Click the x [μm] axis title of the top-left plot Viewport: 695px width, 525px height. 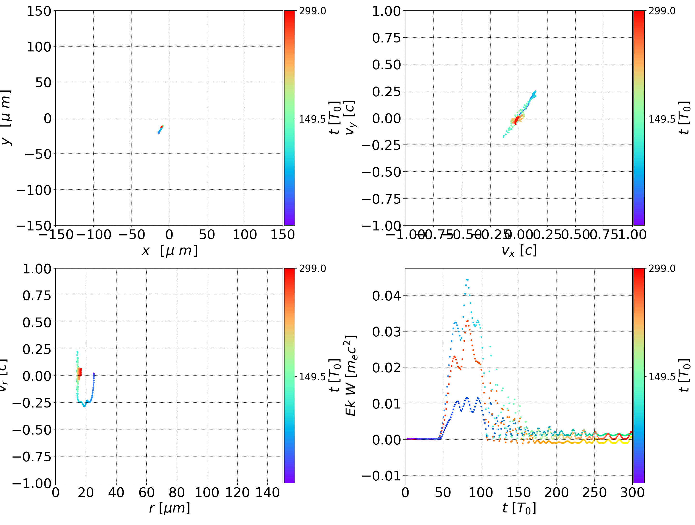[169, 250]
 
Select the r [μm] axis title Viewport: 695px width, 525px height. [169, 508]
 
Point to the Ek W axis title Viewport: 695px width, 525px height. [351, 375]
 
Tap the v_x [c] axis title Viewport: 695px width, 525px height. [519, 250]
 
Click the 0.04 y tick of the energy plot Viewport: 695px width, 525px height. [386, 296]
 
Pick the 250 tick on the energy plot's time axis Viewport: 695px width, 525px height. [594, 492]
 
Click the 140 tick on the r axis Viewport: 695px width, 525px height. [267, 492]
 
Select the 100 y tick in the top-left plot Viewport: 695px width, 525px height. [39, 47]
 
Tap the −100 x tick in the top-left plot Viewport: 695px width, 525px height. [93, 235]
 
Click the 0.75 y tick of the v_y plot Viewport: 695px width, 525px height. [386, 38]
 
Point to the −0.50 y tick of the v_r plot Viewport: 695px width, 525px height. [31, 430]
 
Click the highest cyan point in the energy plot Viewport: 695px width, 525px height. [467, 280]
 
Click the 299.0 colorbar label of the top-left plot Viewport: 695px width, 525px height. [312, 11]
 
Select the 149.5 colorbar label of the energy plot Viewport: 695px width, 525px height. [662, 376]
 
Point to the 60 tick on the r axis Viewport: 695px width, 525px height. [146, 492]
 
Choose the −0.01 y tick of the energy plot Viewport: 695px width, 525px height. [382, 476]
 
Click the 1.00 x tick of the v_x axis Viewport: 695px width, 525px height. [632, 235]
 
